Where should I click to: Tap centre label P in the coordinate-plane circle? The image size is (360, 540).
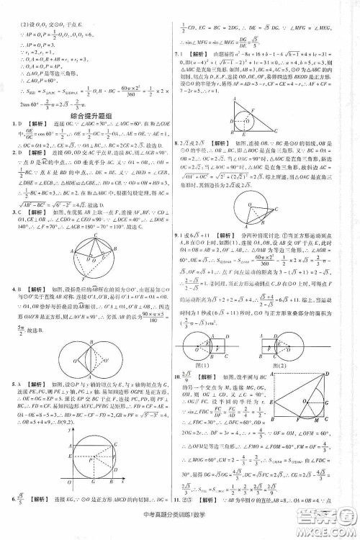pos(101,464)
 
